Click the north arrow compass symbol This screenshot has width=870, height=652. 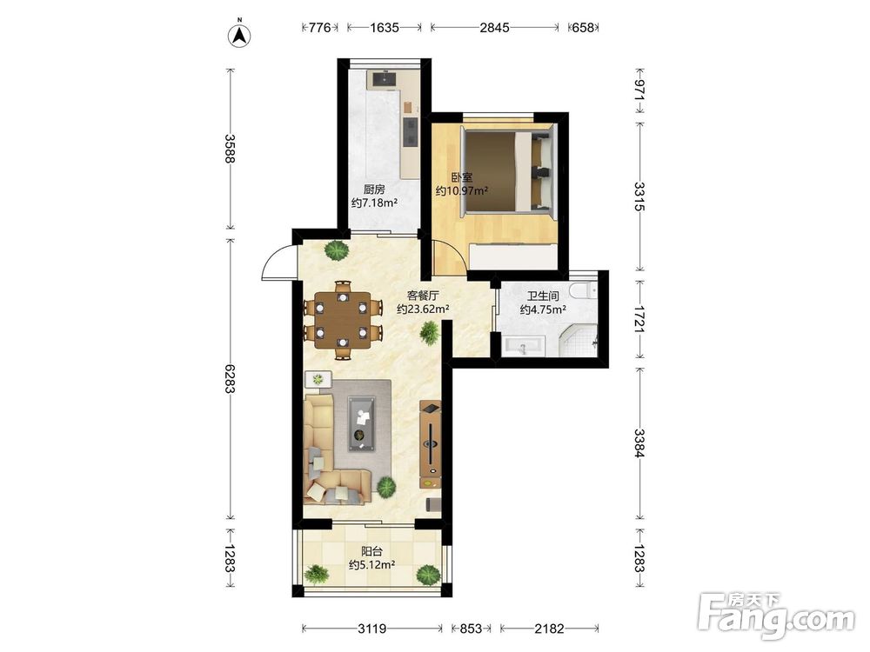point(240,35)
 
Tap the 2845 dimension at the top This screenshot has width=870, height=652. point(494,27)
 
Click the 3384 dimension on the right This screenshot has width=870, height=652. point(639,443)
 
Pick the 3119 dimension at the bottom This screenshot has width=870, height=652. point(371,629)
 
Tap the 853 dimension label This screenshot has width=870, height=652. point(471,629)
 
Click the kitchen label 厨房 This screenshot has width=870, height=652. point(374,189)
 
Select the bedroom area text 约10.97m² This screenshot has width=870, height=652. point(462,190)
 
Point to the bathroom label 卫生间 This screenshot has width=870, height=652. point(543,296)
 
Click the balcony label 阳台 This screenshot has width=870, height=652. point(371,551)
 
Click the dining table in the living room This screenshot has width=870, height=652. point(343,320)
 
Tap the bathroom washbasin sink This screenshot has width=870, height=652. point(524,347)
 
